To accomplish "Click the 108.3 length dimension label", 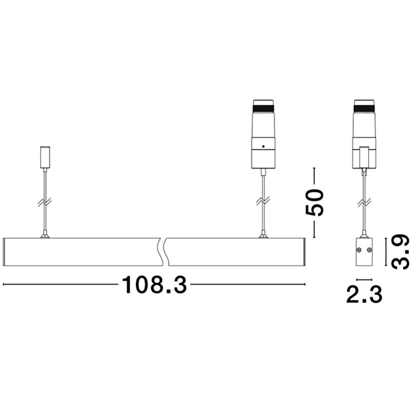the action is coord(154,285).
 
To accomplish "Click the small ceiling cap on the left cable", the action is coord(45,157).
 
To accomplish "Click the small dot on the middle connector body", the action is coord(263,146).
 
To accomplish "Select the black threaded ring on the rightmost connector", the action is coord(364,109).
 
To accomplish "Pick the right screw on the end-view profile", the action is coord(369,250).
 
